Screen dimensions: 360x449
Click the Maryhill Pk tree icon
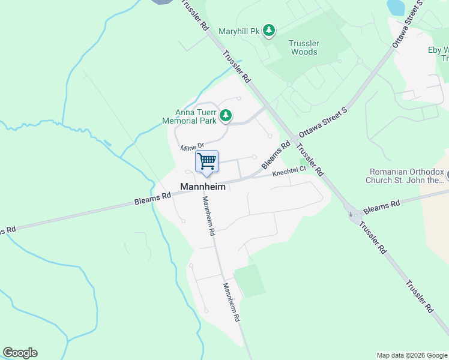[270, 31]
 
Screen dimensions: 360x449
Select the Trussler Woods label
[303, 47]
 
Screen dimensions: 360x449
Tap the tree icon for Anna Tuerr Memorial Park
[225, 115]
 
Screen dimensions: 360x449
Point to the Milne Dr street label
[192, 146]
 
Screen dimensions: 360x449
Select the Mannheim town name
[203, 187]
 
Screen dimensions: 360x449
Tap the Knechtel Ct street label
[289, 172]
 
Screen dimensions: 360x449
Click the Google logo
[20, 353]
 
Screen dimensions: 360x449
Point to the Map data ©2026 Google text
[411, 355]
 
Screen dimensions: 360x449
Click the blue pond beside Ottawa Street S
[396, 7]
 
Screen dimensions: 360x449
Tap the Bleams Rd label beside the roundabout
[382, 206]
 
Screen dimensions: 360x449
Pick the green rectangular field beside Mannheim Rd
[249, 281]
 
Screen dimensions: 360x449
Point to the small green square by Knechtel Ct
[303, 161]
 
